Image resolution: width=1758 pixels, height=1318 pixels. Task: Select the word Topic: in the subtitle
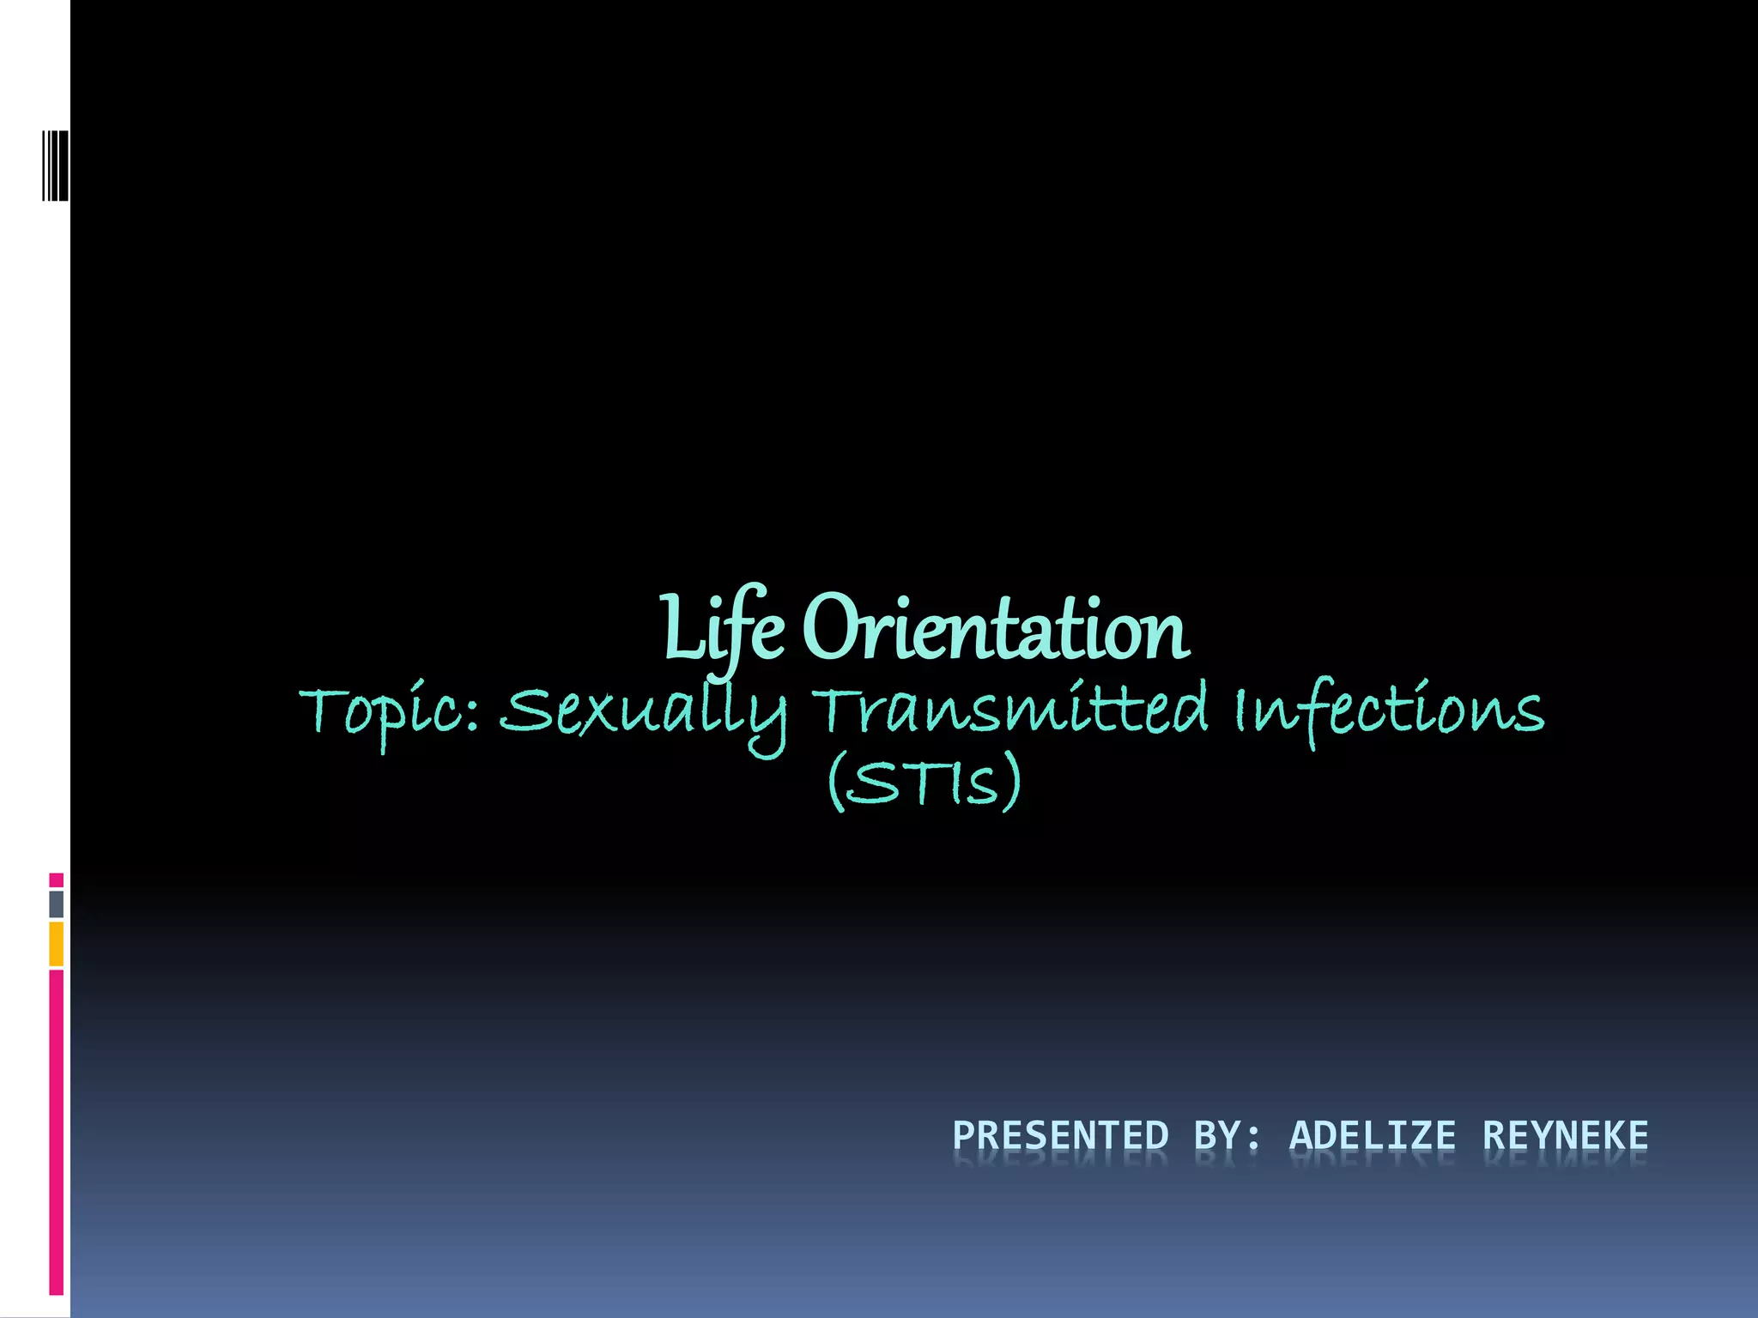tap(390, 712)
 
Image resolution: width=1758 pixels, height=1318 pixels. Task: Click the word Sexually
tap(643, 714)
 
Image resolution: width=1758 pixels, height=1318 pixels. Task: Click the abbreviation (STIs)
tap(924, 781)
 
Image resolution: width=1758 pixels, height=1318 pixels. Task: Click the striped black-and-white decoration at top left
tap(55, 165)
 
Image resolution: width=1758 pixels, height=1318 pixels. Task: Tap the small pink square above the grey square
tap(56, 880)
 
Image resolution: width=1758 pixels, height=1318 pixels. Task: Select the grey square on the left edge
tap(56, 904)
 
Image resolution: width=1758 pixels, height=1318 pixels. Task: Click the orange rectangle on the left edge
tap(56, 944)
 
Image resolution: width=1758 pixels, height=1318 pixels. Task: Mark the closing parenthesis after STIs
tap(1013, 781)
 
